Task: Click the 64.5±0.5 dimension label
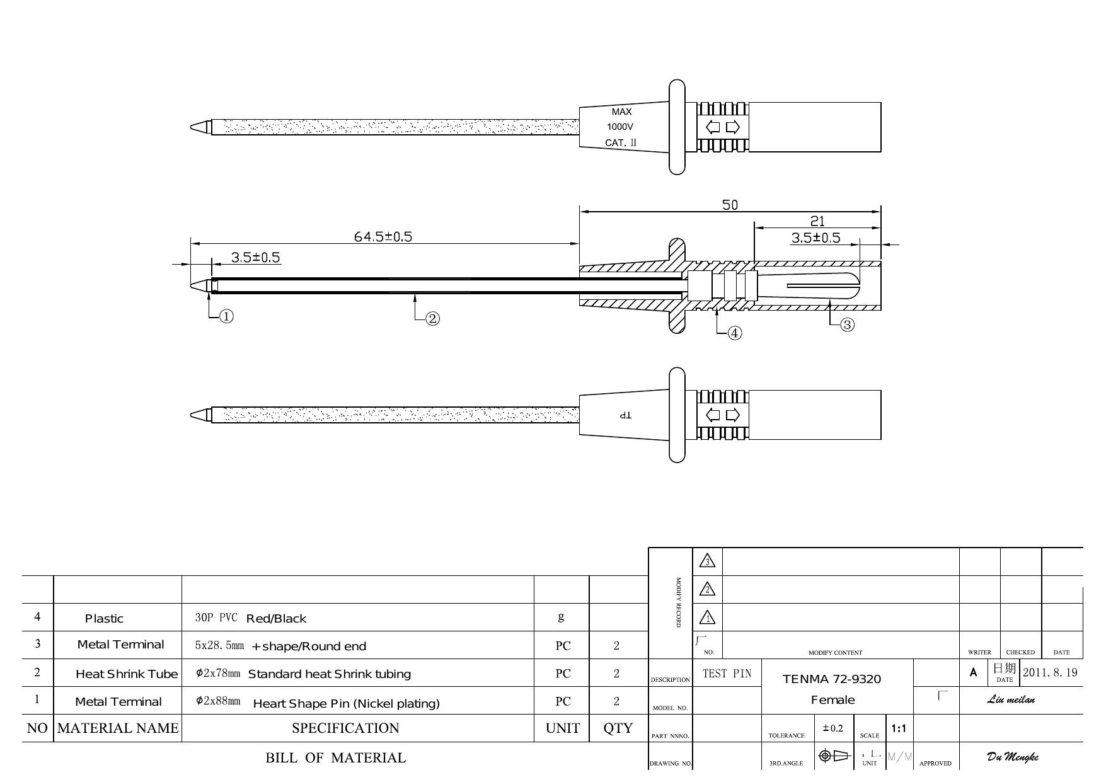click(383, 236)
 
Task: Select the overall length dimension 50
click(730, 205)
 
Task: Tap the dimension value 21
click(817, 221)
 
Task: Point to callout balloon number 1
click(226, 316)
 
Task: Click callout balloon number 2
click(432, 319)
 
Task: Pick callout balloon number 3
click(848, 325)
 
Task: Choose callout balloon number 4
click(735, 333)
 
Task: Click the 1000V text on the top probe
click(620, 127)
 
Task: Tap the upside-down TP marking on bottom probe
click(625, 415)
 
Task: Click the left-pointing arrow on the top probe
click(713, 127)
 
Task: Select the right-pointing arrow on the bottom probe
click(733, 415)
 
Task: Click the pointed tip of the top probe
click(191, 127)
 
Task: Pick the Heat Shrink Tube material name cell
click(127, 674)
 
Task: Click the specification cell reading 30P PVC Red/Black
click(251, 618)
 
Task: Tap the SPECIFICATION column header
click(345, 728)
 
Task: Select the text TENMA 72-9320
click(832, 679)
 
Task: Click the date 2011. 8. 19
click(1050, 672)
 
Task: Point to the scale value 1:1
click(899, 729)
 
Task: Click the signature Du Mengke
click(1012, 757)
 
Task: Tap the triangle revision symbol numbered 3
click(708, 561)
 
